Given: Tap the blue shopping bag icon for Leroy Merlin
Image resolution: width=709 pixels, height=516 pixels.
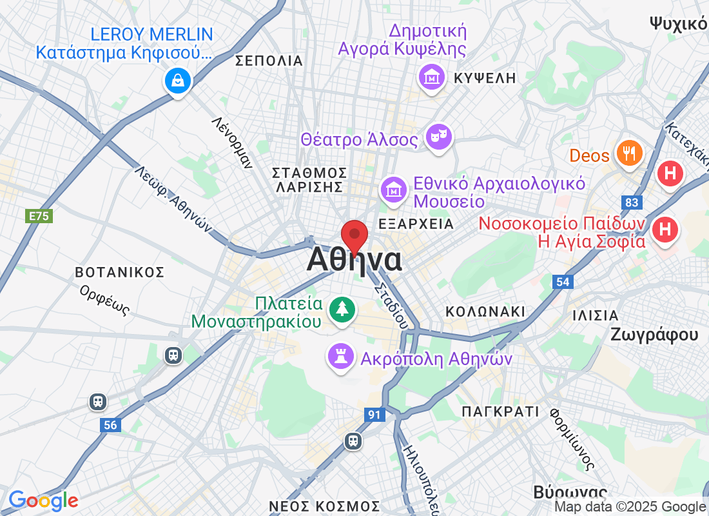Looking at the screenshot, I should point(177,80).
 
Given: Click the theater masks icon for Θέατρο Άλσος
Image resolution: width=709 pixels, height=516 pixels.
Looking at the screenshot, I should point(438,137).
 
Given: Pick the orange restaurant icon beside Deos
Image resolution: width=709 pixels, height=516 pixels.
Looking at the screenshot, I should point(626,154).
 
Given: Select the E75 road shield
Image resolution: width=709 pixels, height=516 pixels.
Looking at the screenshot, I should point(39,216).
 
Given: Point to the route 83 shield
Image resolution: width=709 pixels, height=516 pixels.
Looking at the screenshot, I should point(634,203).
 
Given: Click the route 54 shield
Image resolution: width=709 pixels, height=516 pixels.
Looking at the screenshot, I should point(563,281).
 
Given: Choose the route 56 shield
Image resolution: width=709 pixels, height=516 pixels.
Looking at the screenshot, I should point(110,425).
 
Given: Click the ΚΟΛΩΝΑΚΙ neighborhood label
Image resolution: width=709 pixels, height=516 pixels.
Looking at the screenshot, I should point(485,312).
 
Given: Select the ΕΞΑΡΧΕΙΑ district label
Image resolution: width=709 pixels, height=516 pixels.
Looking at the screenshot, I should point(416,224).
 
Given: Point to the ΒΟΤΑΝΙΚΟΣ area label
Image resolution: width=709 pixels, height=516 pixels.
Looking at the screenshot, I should point(119,272).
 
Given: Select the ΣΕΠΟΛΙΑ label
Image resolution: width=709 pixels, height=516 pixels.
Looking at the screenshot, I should point(269,61).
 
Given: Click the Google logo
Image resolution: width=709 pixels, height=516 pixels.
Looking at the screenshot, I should point(43,500).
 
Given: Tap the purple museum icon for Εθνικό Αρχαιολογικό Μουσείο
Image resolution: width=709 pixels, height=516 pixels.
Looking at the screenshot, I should point(393,190).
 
